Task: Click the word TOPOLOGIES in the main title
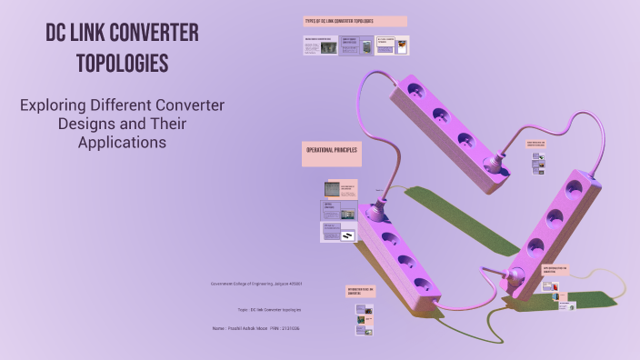point(123,65)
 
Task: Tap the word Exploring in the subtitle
point(55,105)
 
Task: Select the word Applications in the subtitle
point(122,142)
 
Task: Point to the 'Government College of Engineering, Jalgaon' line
point(256,284)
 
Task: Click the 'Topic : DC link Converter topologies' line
point(256,310)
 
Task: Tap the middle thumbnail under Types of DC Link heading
point(355,45)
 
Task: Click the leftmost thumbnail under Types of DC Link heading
point(320,45)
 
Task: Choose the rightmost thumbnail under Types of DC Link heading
point(391,45)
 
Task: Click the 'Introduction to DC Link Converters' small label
point(360,292)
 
